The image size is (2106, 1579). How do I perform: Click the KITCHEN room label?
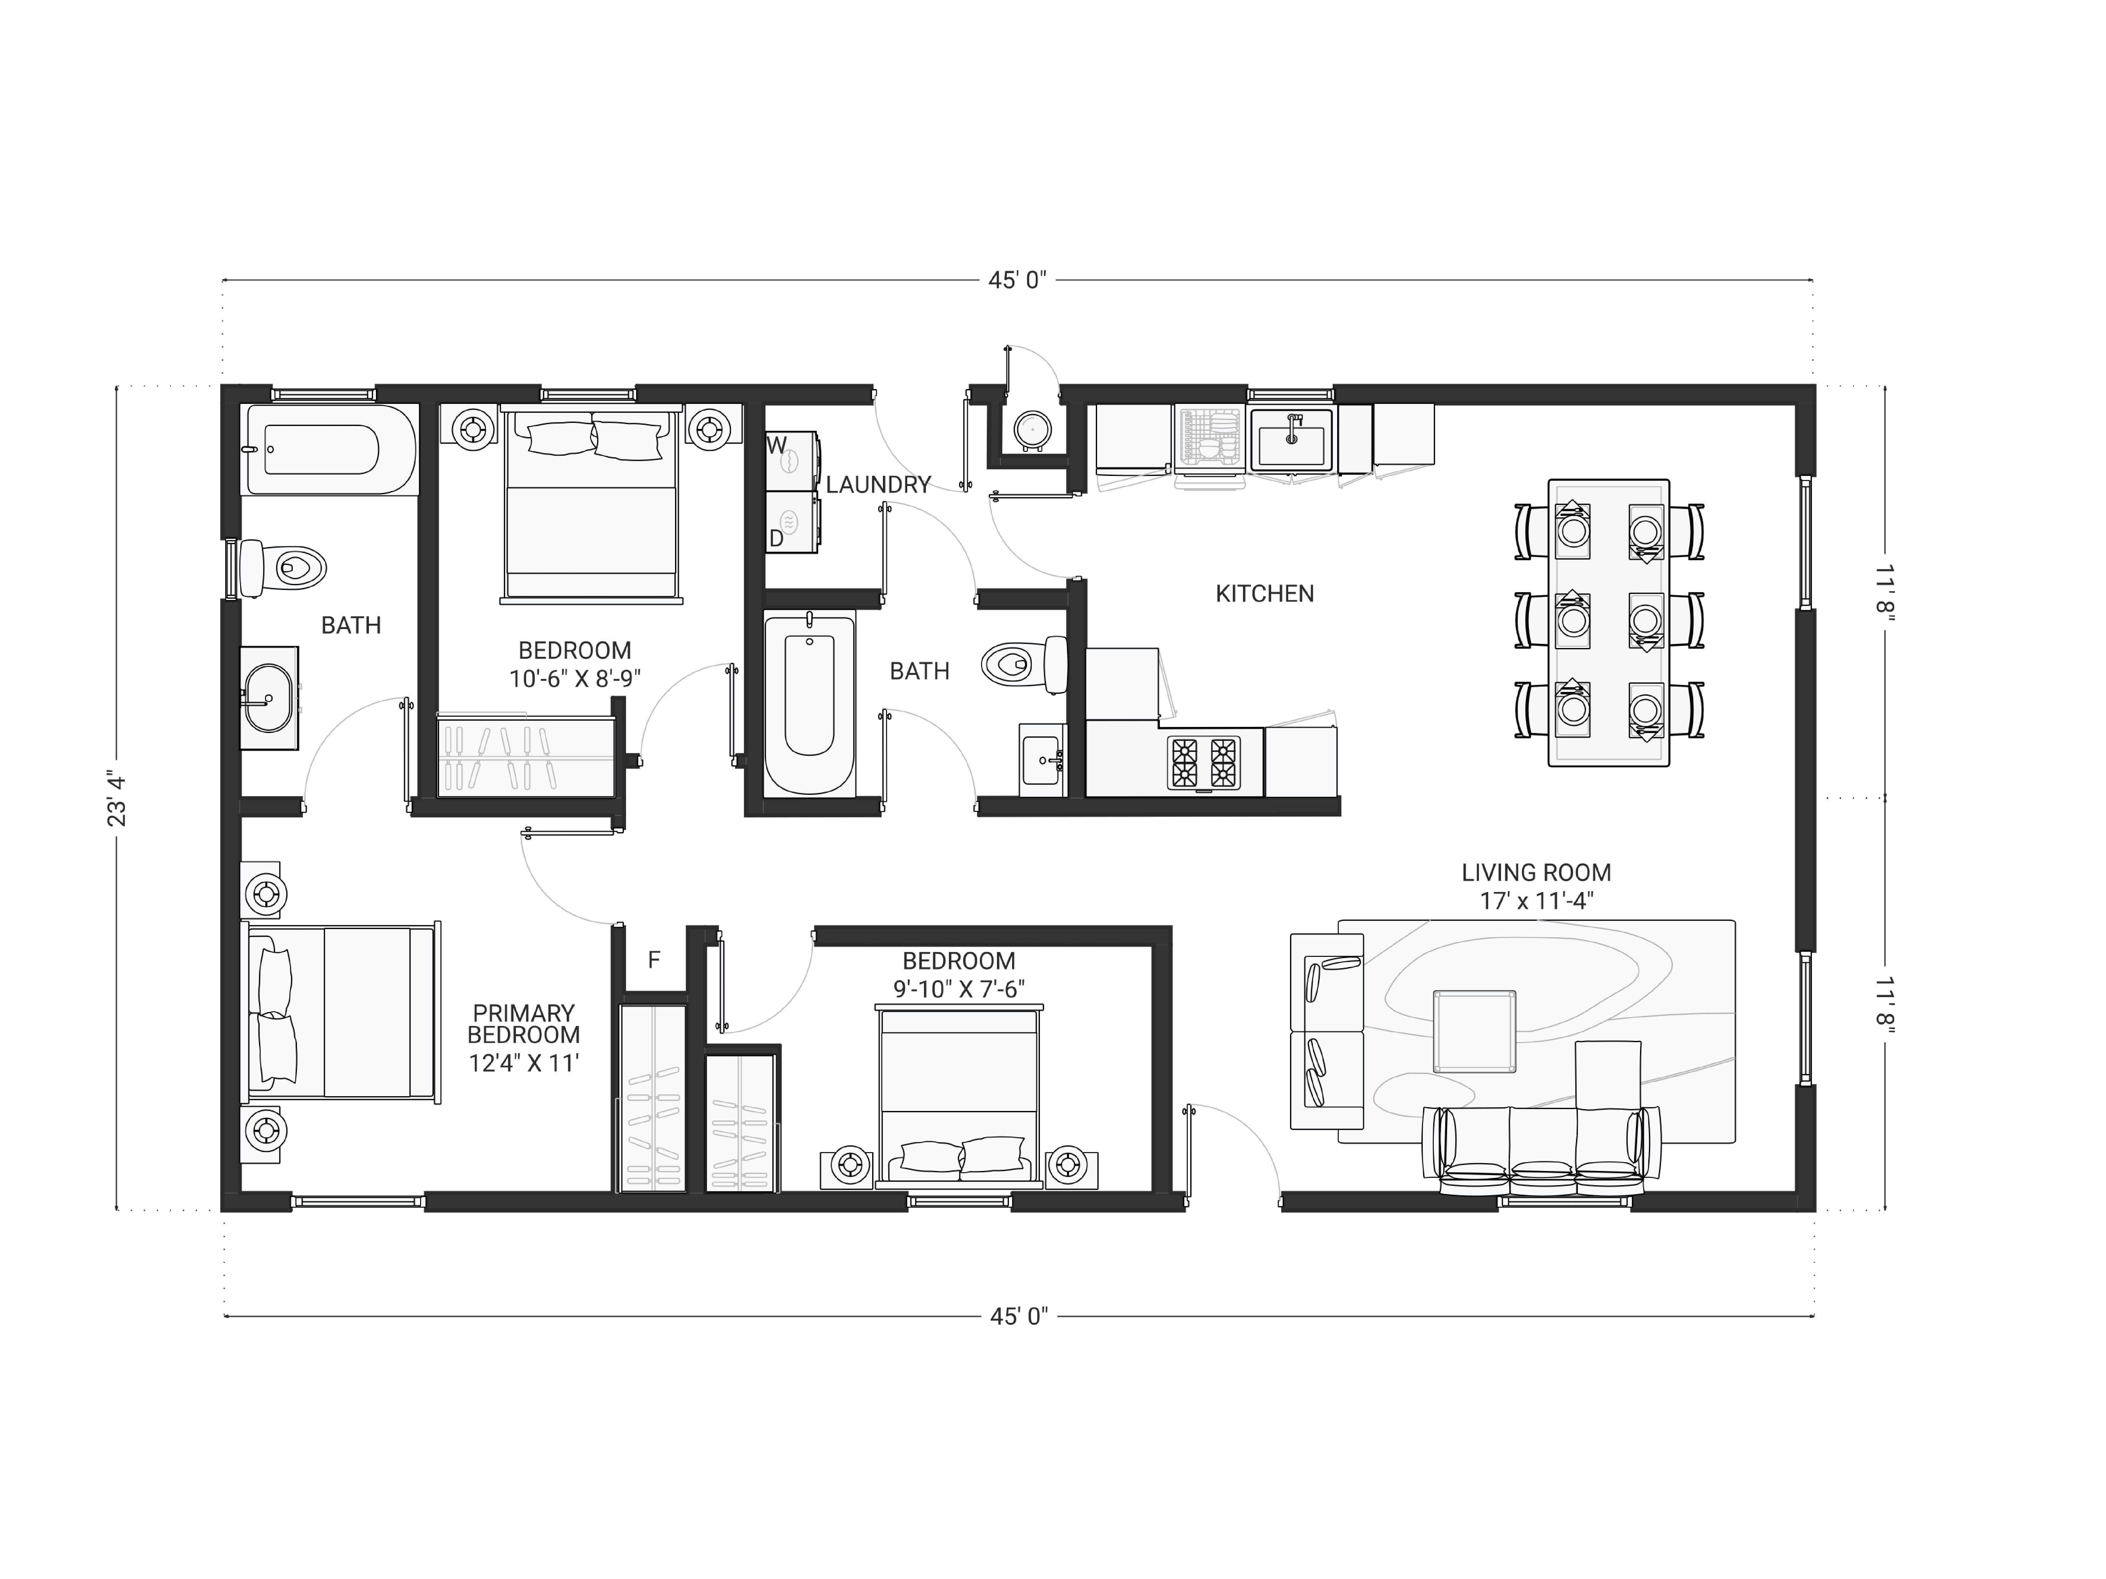(1264, 594)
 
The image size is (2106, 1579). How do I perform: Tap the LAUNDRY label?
(878, 484)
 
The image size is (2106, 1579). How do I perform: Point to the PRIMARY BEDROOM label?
(524, 1024)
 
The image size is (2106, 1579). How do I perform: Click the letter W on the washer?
(777, 445)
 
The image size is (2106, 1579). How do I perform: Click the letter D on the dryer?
(776, 539)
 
